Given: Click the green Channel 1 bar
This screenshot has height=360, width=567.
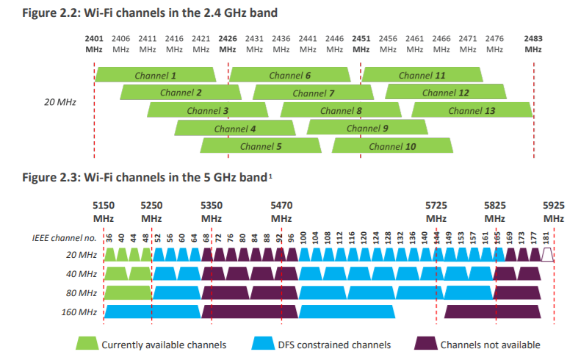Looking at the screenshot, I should (156, 75).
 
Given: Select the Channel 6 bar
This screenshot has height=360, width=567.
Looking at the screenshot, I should (289, 75).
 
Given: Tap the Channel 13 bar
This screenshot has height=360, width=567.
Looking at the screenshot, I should (472, 110).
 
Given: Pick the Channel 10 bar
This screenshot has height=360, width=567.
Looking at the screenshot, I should (392, 145).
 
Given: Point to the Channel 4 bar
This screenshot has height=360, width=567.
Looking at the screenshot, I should (234, 128).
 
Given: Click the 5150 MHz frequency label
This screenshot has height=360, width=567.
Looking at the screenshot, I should (104, 212).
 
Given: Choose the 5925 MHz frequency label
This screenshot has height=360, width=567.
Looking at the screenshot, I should (554, 212).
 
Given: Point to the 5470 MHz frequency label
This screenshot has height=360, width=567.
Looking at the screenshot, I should (281, 212).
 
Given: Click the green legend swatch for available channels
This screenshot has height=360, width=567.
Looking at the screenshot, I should (87, 344).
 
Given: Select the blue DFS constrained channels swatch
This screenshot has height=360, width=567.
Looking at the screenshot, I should (263, 344).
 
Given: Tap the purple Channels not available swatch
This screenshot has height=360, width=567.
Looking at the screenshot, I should (426, 344).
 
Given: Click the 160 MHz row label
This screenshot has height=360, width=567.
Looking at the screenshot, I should (82, 312).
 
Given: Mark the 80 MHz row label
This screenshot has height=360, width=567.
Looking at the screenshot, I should (83, 292).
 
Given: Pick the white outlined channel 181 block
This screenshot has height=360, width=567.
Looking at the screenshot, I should (547, 255).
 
